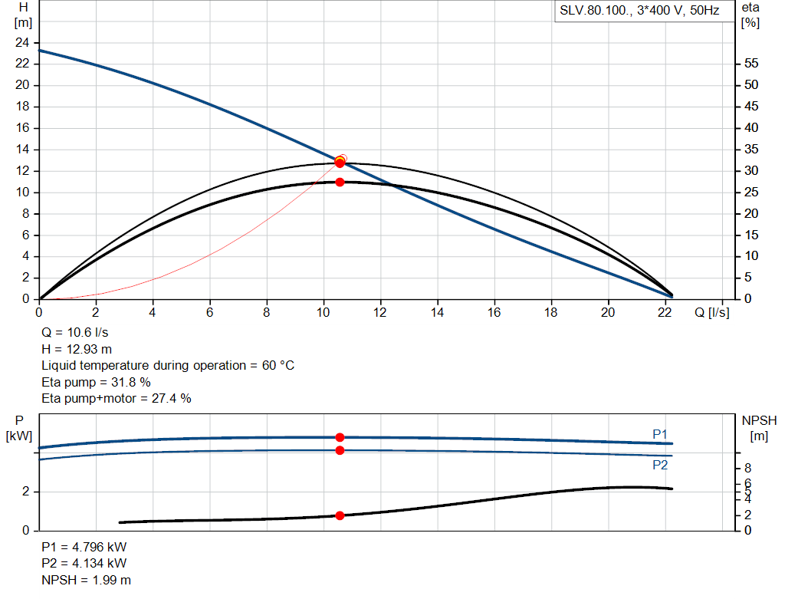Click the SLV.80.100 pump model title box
coord(639,12)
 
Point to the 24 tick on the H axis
coord(23,42)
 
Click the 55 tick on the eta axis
coord(751,64)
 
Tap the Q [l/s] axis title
coord(712,312)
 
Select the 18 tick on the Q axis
coord(551,312)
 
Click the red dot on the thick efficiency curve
coord(340,182)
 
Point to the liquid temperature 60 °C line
coord(168,365)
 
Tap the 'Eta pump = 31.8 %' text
coord(96,382)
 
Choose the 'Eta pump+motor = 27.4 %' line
coord(116,398)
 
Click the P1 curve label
coord(660,434)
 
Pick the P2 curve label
coord(660,465)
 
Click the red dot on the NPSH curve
coord(340,515)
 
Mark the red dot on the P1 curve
coord(340,437)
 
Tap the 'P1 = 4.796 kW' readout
coord(84,548)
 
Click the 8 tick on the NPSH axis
coord(748,468)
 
